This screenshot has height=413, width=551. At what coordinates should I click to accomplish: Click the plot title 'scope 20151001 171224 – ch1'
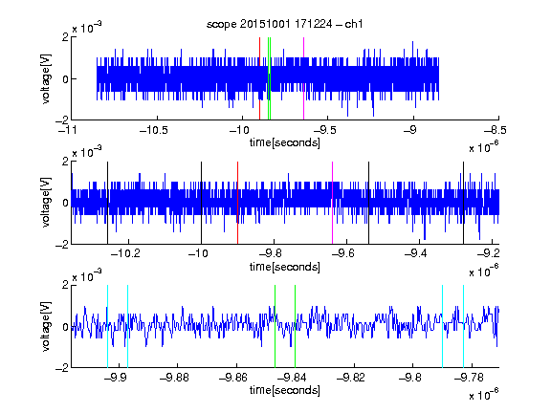tap(285, 24)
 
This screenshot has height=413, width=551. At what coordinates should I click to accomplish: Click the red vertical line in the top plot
tap(259, 78)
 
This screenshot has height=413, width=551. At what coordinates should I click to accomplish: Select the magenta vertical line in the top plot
tap(303, 78)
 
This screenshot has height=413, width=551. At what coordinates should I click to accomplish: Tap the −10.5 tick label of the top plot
tap(154, 130)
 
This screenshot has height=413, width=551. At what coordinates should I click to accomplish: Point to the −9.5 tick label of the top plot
tap(325, 130)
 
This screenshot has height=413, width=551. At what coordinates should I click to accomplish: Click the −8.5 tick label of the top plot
tap(496, 130)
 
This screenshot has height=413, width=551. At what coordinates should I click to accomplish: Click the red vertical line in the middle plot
tap(238, 203)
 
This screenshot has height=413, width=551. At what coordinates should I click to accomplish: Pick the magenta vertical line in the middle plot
tap(333, 203)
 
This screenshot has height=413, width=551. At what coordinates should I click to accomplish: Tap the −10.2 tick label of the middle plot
tap(125, 253)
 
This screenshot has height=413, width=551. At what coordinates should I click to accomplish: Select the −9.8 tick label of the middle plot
tap(273, 253)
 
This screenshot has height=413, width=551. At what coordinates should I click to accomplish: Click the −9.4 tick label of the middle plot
tap(416, 253)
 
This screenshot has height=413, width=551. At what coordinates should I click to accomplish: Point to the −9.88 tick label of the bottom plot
tap(175, 378)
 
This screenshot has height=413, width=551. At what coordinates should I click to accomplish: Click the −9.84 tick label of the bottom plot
tap(292, 378)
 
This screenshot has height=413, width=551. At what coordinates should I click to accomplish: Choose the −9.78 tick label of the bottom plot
tap(469, 378)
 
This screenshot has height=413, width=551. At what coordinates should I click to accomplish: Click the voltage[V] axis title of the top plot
tap(46, 78)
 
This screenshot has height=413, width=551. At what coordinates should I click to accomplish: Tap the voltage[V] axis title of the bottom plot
tap(46, 326)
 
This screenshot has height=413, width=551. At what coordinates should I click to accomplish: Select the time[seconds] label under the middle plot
tap(285, 267)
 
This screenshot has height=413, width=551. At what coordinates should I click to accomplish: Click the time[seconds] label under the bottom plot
tap(285, 390)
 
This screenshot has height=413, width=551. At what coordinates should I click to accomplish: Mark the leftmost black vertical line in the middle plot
tap(107, 203)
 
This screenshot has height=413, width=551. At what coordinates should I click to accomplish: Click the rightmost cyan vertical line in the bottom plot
tap(464, 326)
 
